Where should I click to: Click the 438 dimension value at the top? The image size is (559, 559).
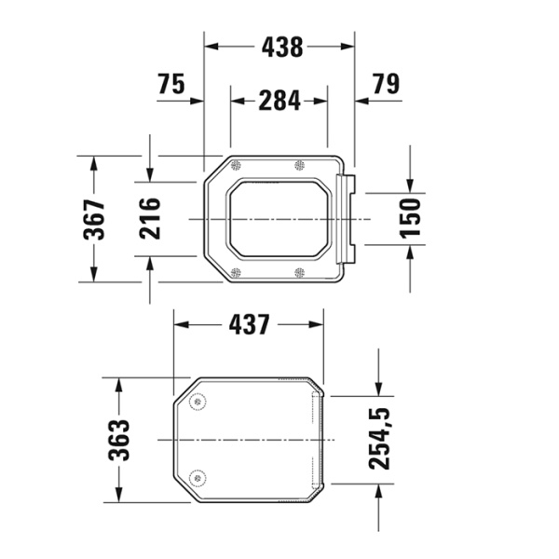click(x=279, y=46)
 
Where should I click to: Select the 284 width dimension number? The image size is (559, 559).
click(x=279, y=101)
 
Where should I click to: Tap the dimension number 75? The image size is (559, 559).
click(x=170, y=85)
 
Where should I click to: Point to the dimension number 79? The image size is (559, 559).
click(x=385, y=84)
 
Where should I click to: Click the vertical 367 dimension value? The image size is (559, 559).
click(x=94, y=219)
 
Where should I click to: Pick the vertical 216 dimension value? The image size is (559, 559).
click(x=151, y=219)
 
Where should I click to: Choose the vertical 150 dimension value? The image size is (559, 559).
click(x=410, y=218)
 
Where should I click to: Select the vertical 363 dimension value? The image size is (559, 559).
click(x=118, y=440)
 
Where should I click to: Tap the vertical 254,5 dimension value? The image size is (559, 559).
click(x=379, y=439)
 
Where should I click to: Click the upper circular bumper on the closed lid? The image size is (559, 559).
click(x=197, y=402)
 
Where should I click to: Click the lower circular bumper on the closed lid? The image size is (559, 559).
click(x=197, y=477)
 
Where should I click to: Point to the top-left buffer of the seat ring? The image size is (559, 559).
click(x=235, y=166)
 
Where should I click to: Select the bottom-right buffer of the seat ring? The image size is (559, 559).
click(x=299, y=273)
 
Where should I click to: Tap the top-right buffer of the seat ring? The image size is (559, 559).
click(x=299, y=166)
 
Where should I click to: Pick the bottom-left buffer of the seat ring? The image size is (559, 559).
click(x=235, y=273)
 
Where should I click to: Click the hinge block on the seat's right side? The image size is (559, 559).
click(x=349, y=219)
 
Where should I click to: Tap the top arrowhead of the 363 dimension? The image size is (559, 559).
click(x=118, y=385)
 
